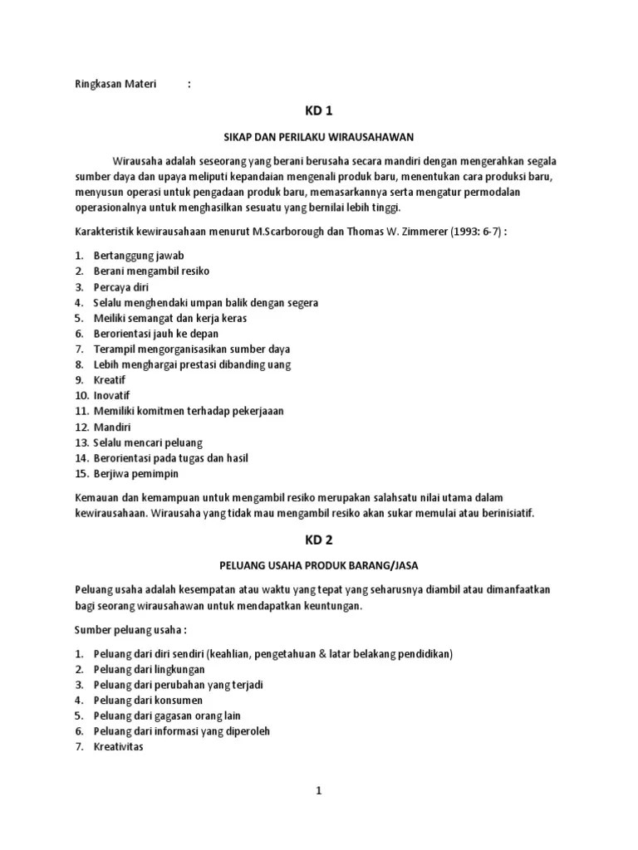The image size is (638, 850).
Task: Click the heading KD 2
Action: [x=318, y=540]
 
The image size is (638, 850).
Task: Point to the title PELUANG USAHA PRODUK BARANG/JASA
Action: [x=318, y=566]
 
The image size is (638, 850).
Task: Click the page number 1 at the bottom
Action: [x=318, y=792]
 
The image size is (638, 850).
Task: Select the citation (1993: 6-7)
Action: [x=477, y=231]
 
